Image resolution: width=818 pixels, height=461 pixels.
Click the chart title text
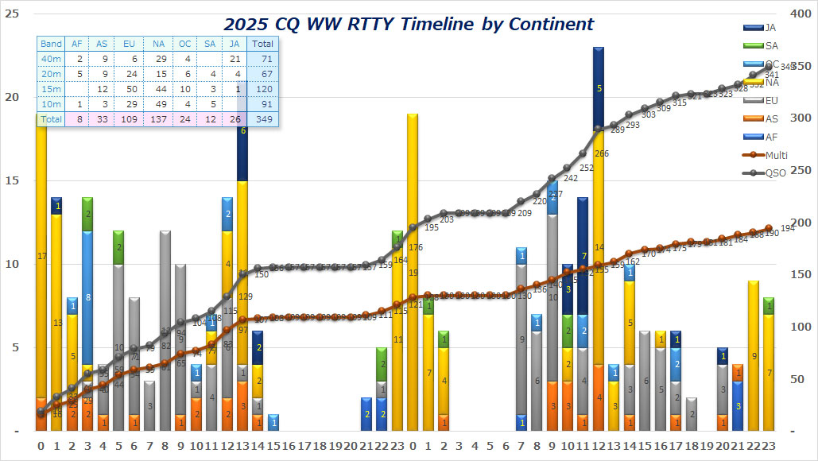(409, 24)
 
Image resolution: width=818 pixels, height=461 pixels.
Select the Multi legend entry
(775, 155)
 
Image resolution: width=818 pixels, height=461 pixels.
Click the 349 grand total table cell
(263, 119)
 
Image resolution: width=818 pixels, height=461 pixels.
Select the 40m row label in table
(51, 59)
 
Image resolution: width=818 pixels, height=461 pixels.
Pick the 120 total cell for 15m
(263, 89)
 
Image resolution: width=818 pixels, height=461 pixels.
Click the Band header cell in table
(51, 44)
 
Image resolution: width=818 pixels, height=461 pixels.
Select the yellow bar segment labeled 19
(413, 273)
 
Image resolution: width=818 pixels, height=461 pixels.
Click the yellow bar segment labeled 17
(41, 256)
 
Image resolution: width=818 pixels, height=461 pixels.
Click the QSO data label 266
(601, 154)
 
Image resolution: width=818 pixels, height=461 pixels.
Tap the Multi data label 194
(787, 229)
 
